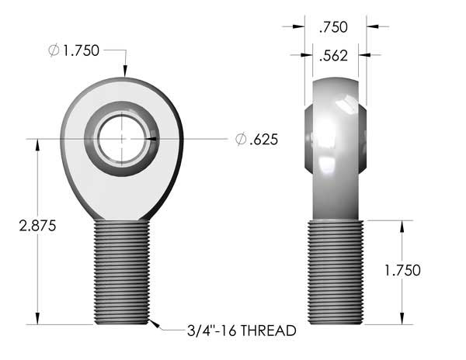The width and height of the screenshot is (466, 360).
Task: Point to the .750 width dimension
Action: [333, 26]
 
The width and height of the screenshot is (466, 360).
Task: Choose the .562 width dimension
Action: [333, 54]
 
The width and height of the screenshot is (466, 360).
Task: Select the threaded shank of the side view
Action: [336, 272]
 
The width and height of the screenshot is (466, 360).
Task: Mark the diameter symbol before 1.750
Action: [53, 50]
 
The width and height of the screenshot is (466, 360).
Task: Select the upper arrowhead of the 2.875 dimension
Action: [37, 144]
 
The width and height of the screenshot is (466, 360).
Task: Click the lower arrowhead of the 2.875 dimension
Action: [37, 319]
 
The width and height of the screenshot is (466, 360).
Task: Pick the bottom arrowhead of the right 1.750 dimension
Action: [401, 319]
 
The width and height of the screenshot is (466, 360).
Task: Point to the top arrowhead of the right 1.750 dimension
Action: [401, 226]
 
